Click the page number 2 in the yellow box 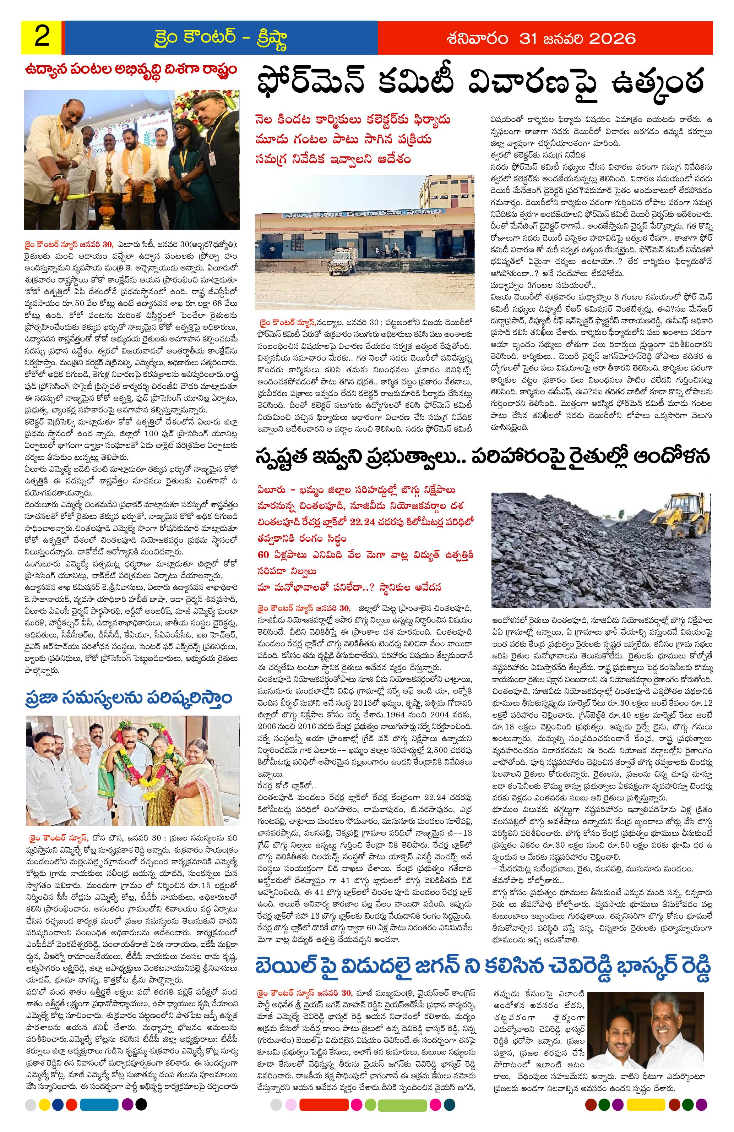pyautogui.click(x=42, y=38)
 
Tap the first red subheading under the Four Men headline pyautogui.click(x=352, y=120)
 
